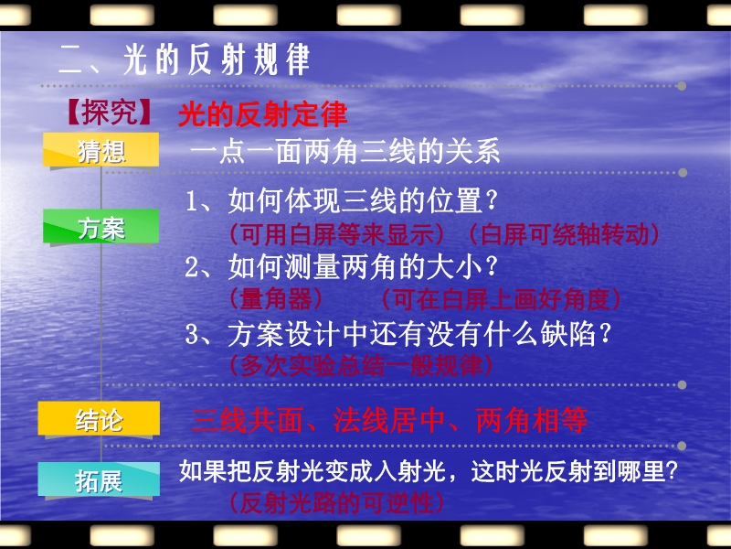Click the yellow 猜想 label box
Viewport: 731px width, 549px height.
101,150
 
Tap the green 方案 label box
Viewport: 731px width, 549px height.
101,226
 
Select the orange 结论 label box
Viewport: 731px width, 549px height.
99,419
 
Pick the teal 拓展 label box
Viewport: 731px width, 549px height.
99,479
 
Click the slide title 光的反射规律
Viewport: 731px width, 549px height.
217,59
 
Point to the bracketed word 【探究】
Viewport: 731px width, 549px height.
109,113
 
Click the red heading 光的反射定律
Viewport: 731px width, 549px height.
263,113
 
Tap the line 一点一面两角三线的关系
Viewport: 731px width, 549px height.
345,151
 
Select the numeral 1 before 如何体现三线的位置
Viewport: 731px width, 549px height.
191,201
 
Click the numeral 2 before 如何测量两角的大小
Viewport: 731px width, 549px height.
192,268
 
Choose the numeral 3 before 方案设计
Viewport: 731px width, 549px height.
192,335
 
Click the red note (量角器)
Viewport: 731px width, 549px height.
276,299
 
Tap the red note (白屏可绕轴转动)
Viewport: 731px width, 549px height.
564,234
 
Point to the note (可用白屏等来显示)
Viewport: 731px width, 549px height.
337,234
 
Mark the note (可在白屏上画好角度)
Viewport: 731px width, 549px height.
501,299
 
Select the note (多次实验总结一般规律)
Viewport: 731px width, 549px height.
361,365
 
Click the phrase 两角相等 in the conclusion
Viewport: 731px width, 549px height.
532,421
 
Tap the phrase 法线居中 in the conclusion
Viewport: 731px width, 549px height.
389,421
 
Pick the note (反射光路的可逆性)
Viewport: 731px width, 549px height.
336,503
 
